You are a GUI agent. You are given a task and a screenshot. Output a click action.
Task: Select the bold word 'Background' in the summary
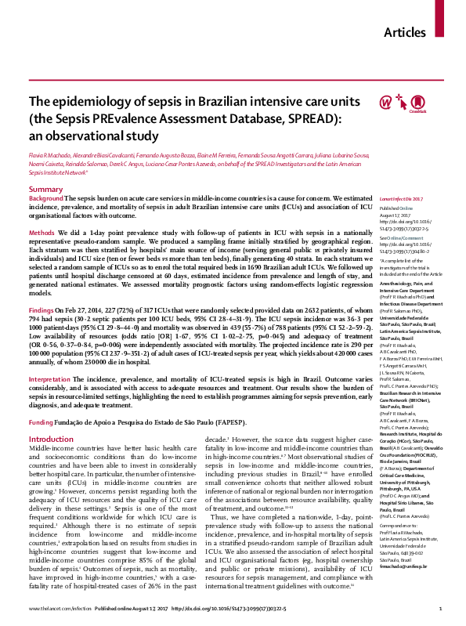[x=46, y=200]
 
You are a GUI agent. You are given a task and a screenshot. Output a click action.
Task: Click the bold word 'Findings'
[x=42, y=309]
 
